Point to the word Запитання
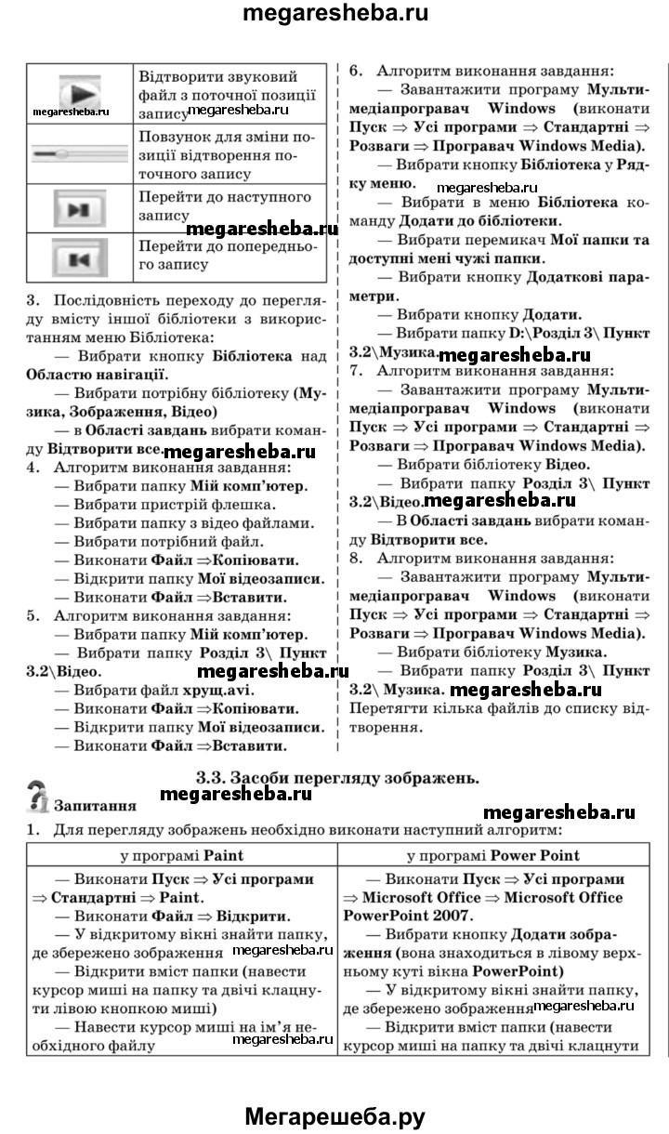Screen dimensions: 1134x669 (96, 805)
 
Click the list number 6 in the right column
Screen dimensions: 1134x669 (353, 71)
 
